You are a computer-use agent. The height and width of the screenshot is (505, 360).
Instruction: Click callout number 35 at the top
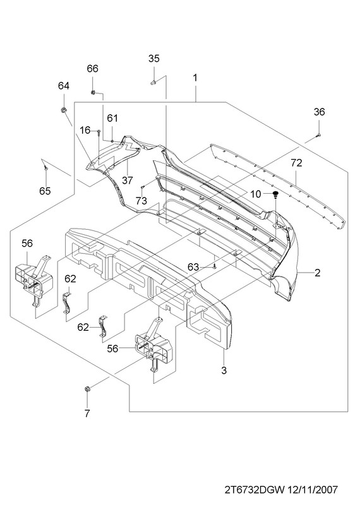tap(153, 59)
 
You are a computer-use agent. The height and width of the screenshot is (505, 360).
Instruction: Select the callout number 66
tap(92, 69)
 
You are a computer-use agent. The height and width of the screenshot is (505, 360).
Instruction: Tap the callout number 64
tap(64, 86)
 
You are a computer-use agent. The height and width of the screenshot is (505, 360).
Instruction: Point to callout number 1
tap(195, 78)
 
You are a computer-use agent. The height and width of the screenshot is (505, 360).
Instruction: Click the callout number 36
tap(320, 112)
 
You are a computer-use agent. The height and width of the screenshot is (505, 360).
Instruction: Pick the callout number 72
tap(296, 163)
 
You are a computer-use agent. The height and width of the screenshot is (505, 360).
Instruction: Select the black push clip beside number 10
tap(275, 194)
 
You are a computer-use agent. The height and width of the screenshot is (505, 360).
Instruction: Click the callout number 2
tap(318, 273)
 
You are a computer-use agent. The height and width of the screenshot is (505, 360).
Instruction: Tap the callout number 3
tap(224, 371)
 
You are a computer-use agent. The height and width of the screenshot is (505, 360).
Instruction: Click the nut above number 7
tap(87, 389)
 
